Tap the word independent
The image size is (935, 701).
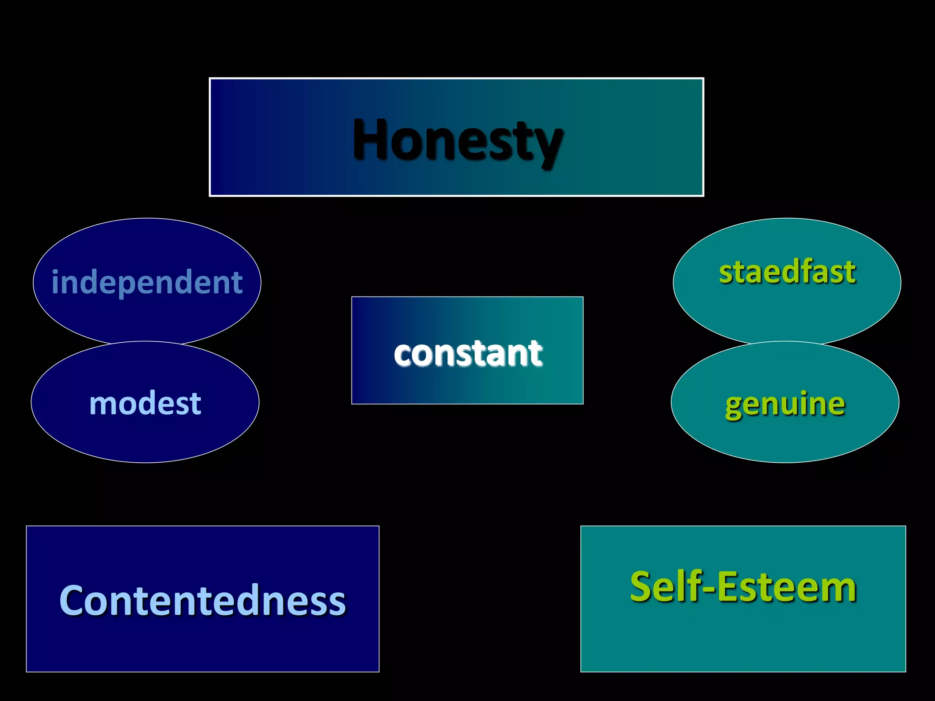(147, 282)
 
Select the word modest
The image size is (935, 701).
(145, 403)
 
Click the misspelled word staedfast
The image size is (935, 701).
(787, 272)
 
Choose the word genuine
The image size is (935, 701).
(785, 404)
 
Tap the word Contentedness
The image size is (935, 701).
(203, 601)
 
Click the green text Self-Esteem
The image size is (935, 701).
(743, 587)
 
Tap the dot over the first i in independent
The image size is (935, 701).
(56, 272)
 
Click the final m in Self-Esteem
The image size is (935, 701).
(839, 590)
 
